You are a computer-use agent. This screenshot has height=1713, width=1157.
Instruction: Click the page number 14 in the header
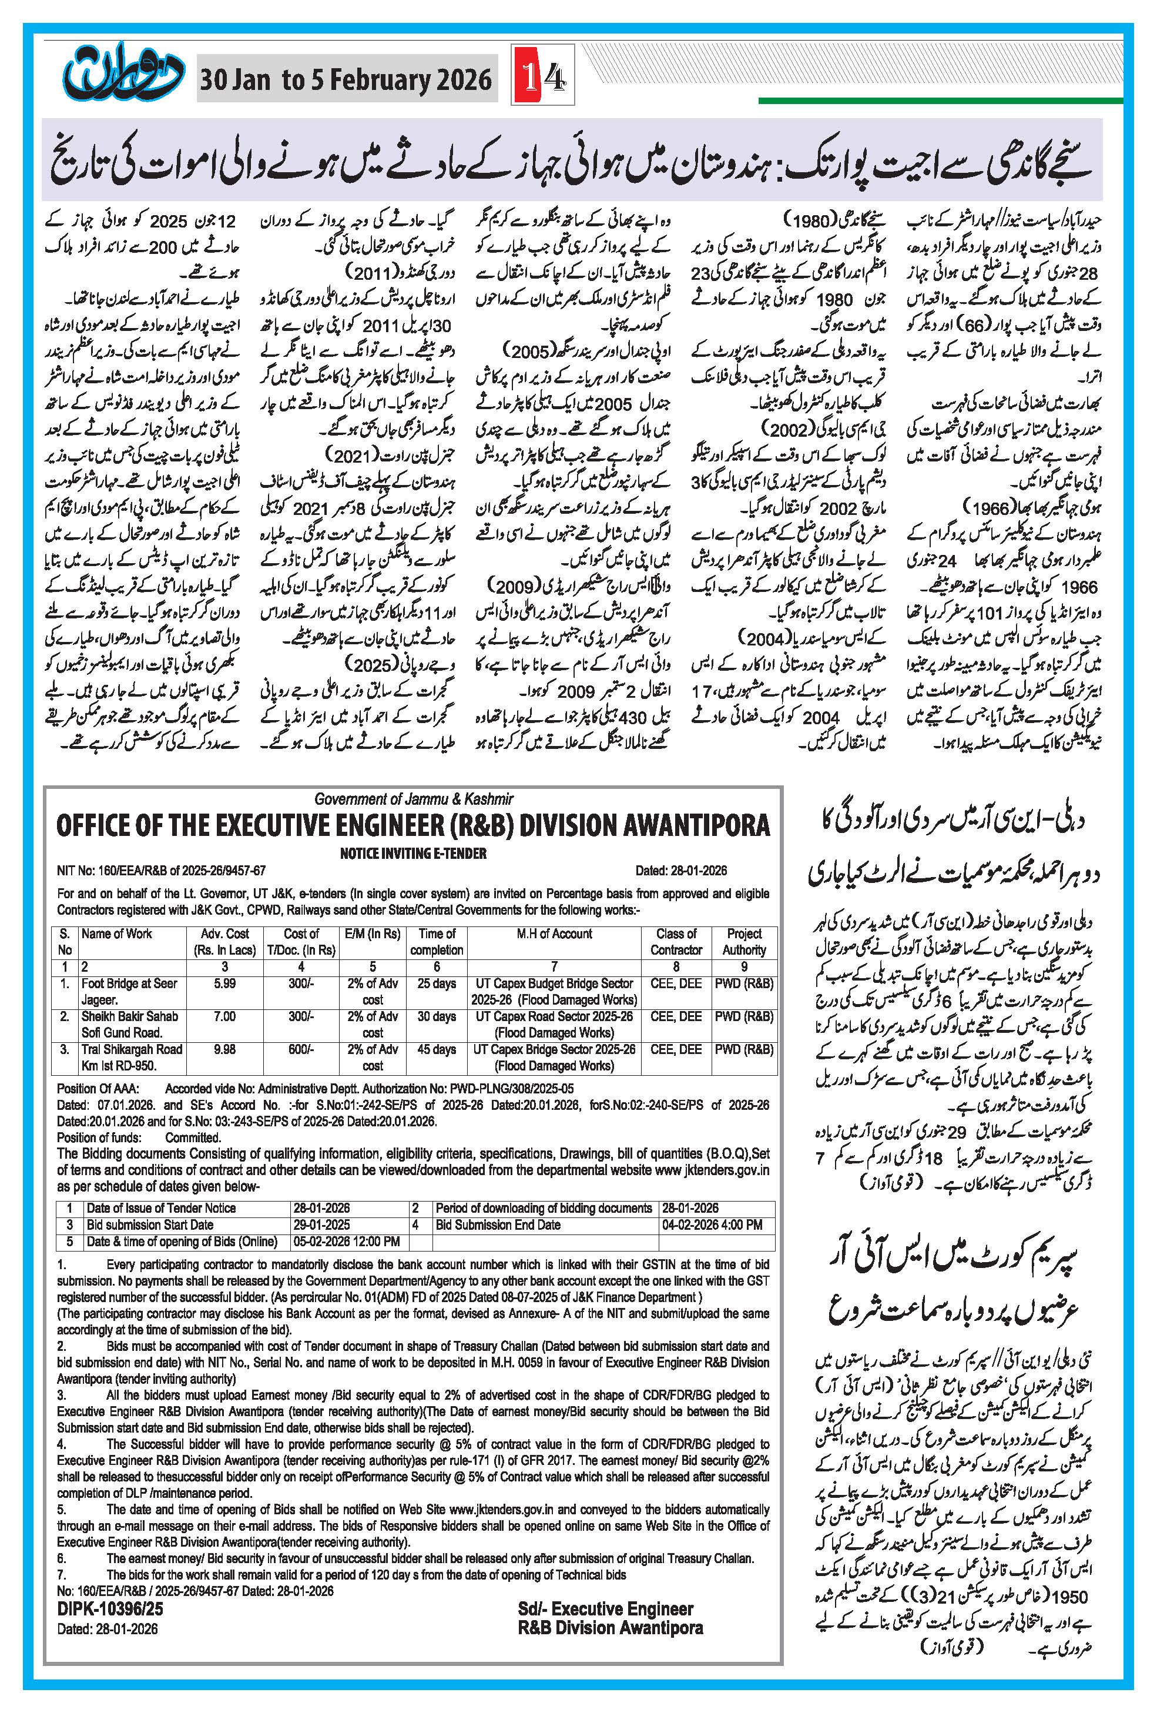542,76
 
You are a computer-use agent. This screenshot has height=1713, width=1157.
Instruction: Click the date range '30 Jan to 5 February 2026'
346,79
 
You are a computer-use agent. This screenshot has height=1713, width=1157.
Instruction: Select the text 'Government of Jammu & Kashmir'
414,799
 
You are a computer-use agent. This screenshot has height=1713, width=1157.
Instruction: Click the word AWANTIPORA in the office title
696,825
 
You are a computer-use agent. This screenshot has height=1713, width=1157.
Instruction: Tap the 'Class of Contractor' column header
676,942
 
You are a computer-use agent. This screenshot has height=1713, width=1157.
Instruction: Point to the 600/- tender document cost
301,1049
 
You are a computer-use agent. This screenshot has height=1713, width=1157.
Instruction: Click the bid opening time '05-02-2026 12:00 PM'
346,1242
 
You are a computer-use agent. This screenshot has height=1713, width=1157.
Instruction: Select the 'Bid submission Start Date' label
150,1224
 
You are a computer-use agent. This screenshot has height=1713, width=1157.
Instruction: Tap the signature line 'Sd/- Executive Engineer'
605,1608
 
